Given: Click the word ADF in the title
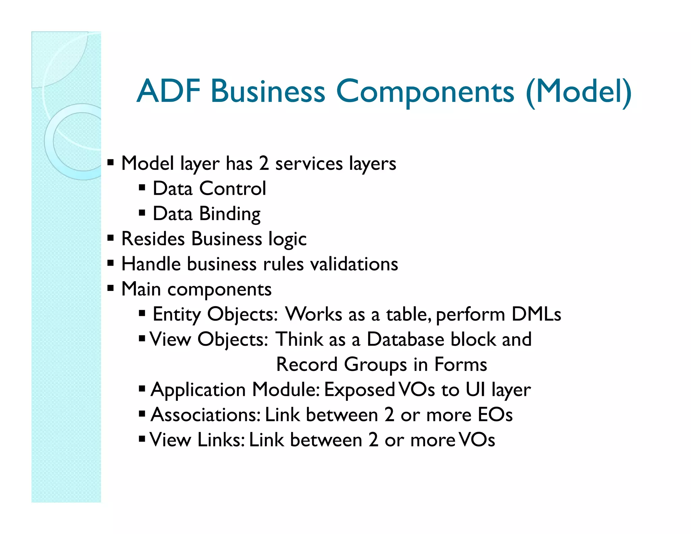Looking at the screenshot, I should point(168,91).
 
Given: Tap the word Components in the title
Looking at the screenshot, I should point(425,92).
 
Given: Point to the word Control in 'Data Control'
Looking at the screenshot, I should point(232,188).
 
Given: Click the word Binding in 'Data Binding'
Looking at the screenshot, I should point(230,214).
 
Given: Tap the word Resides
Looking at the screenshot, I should point(153,239).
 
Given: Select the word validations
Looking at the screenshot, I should point(354,264).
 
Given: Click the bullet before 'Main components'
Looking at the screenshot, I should point(110,289).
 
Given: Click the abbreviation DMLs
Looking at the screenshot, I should point(536,314).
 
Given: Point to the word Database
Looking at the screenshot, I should point(405,339).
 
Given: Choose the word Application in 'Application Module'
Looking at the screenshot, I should point(198,390).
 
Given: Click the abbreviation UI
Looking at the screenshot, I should point(475,390).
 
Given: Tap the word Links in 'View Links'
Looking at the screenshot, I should point(221,440).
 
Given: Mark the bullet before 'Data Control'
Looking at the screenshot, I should point(142,188).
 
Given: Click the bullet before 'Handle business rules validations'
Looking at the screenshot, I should point(110,263).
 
